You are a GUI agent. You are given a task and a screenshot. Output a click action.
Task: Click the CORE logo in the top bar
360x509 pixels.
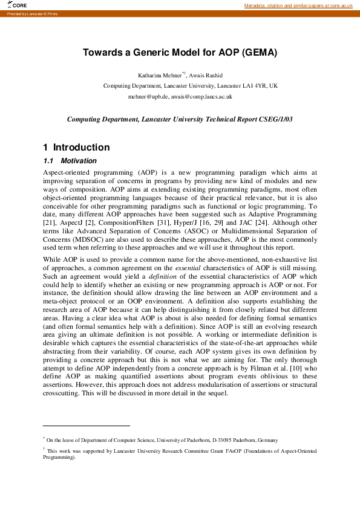point(18,5)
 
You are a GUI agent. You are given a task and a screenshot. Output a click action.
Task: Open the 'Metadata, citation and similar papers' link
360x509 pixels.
point(298,5)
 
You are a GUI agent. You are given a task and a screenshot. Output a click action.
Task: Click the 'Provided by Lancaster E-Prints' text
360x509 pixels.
point(32,13)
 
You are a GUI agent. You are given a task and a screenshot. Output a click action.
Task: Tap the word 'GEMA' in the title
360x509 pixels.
point(258,53)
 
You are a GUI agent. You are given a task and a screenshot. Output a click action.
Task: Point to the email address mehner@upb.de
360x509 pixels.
point(148,97)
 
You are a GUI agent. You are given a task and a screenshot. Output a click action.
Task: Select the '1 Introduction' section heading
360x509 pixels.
point(76,147)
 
